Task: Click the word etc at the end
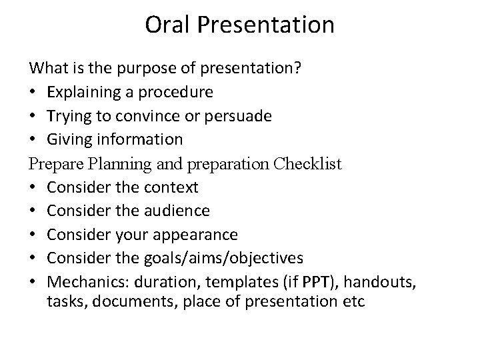click(353, 301)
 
